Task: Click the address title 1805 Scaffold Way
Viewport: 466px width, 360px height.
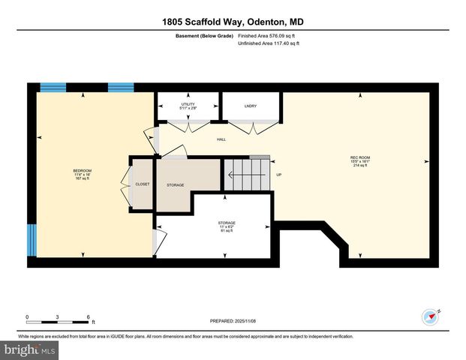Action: (x=233, y=22)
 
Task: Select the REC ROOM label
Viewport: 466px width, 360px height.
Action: (x=360, y=160)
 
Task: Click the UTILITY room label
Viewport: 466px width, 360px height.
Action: (x=188, y=106)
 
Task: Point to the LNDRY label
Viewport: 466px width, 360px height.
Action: (x=251, y=106)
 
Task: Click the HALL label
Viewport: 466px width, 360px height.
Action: (x=221, y=139)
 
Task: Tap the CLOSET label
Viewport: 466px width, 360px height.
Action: (x=142, y=184)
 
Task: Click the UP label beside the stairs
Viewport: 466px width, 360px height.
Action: (x=279, y=175)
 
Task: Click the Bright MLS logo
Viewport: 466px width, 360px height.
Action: (x=30, y=350)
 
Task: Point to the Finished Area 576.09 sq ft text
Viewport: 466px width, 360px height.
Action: (x=268, y=35)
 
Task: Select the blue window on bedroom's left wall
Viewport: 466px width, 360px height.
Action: (x=32, y=240)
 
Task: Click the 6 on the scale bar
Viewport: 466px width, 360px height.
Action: (x=89, y=317)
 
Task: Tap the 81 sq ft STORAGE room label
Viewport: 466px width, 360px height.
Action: (x=227, y=226)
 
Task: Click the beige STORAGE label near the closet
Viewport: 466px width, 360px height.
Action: (x=176, y=184)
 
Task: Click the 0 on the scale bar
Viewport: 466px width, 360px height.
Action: (x=28, y=317)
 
